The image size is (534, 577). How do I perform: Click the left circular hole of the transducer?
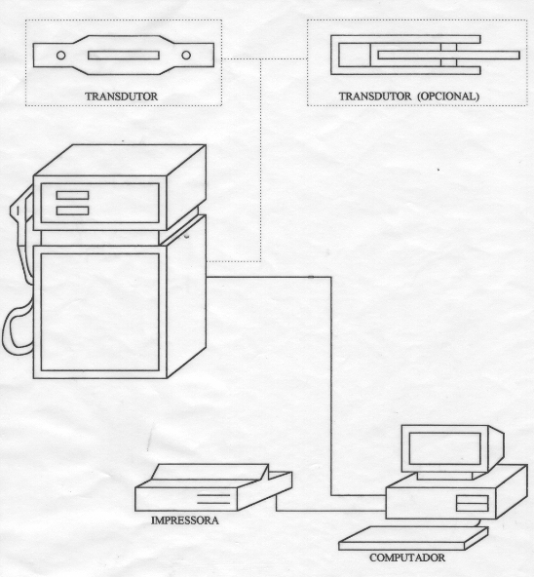(x=61, y=56)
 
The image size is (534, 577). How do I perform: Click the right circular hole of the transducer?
(x=186, y=56)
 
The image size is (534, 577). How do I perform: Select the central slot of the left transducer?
(x=124, y=56)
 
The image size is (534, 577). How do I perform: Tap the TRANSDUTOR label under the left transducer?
(x=122, y=96)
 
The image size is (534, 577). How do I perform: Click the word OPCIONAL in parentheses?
(x=448, y=96)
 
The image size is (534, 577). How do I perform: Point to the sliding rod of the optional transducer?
(x=448, y=56)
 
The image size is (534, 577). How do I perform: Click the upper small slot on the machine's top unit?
(x=72, y=195)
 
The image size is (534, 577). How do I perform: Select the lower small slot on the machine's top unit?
(x=72, y=211)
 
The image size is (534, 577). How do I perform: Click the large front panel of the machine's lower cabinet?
(x=99, y=312)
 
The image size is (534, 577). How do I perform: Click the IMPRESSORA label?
(x=185, y=520)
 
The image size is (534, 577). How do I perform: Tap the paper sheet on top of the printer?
(x=210, y=472)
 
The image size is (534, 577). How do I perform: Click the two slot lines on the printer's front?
(x=213, y=499)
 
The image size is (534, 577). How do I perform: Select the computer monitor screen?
(x=445, y=448)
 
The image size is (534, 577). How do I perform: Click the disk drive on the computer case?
(x=473, y=503)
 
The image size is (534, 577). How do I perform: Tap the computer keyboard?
(x=413, y=538)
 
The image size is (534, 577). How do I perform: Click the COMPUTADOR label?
(x=407, y=558)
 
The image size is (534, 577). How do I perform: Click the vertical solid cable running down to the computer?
(x=331, y=386)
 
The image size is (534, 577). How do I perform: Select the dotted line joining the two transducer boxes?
(x=264, y=58)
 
